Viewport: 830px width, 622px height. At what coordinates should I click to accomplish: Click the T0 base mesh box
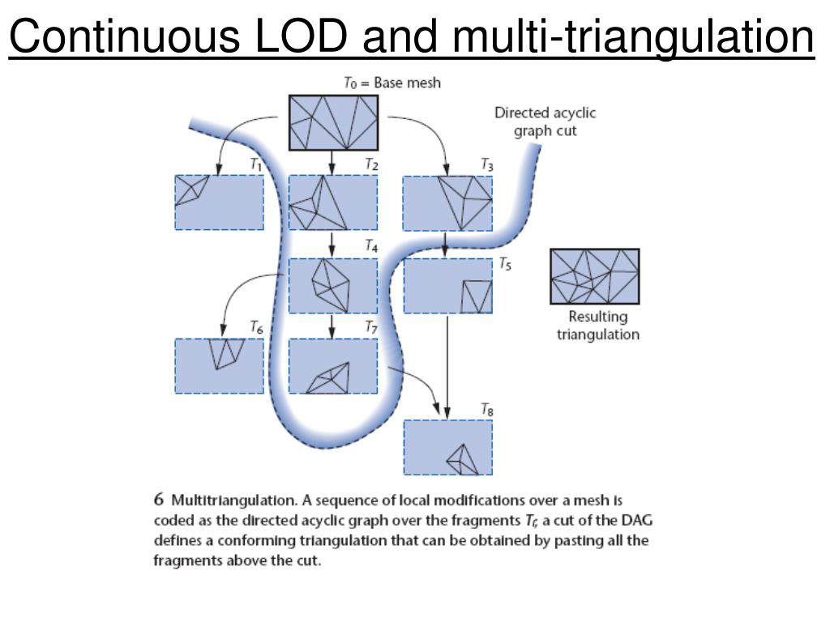coord(333,122)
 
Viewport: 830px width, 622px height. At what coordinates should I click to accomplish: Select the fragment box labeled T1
coord(219,202)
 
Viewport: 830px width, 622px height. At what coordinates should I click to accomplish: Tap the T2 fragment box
coord(333,202)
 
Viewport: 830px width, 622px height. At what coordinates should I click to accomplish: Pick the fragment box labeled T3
coord(447,202)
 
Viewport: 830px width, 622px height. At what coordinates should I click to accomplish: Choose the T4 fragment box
coord(333,285)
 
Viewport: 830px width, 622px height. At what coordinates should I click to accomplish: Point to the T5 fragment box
coord(447,285)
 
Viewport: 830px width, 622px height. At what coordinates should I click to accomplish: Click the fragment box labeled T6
coord(219,365)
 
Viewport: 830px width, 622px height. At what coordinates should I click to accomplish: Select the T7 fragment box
coord(333,365)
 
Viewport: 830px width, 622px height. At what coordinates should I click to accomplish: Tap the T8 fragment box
coord(447,446)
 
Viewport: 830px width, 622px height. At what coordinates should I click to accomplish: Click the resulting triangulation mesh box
coord(594,276)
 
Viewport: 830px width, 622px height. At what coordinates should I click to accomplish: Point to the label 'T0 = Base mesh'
coord(392,83)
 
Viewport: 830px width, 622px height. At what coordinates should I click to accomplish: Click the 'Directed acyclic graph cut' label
coord(545,121)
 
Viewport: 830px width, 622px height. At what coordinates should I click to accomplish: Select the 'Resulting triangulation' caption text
coord(597,326)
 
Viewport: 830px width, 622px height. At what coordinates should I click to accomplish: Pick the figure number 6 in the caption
coord(160,501)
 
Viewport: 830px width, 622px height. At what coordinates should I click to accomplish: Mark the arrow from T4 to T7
coord(333,326)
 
